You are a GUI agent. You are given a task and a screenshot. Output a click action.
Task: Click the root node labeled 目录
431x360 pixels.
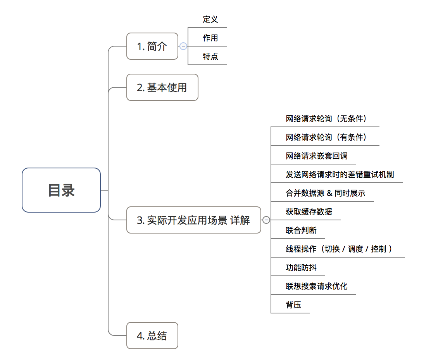point(61,190)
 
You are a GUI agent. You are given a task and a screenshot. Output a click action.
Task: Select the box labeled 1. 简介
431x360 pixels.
point(152,46)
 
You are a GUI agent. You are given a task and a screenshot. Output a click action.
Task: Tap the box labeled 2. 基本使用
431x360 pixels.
point(162,87)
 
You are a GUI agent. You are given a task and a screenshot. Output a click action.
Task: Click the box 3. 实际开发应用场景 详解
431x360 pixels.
point(193,220)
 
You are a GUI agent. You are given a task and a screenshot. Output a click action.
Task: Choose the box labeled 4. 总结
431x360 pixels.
point(152,336)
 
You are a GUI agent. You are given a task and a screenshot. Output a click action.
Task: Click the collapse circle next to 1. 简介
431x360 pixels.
point(183,46)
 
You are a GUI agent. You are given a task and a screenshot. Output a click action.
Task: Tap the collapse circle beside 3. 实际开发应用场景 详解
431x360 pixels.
point(266,220)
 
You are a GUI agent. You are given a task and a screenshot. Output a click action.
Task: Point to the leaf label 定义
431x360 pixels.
point(210,19)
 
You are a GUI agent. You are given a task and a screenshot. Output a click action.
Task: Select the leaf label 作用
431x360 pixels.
point(210,38)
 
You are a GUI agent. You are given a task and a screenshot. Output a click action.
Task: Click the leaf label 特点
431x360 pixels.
point(210,57)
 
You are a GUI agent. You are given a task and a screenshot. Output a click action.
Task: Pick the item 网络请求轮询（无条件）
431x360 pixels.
point(326,119)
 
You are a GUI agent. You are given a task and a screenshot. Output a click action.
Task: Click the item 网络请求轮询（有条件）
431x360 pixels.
point(326,137)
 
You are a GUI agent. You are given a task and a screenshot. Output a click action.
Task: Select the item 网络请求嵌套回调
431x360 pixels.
point(317,156)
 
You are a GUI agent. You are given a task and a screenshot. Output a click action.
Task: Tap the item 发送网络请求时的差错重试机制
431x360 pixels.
point(340,175)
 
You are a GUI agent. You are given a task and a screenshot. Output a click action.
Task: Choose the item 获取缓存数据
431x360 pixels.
point(309,212)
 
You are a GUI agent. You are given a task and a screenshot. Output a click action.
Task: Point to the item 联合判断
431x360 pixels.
point(301,230)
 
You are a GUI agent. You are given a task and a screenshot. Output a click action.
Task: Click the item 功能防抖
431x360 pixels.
point(301,268)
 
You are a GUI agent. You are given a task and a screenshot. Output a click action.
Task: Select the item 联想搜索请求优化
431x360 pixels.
point(317,286)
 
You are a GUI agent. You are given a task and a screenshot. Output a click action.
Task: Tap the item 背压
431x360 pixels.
point(293,305)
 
